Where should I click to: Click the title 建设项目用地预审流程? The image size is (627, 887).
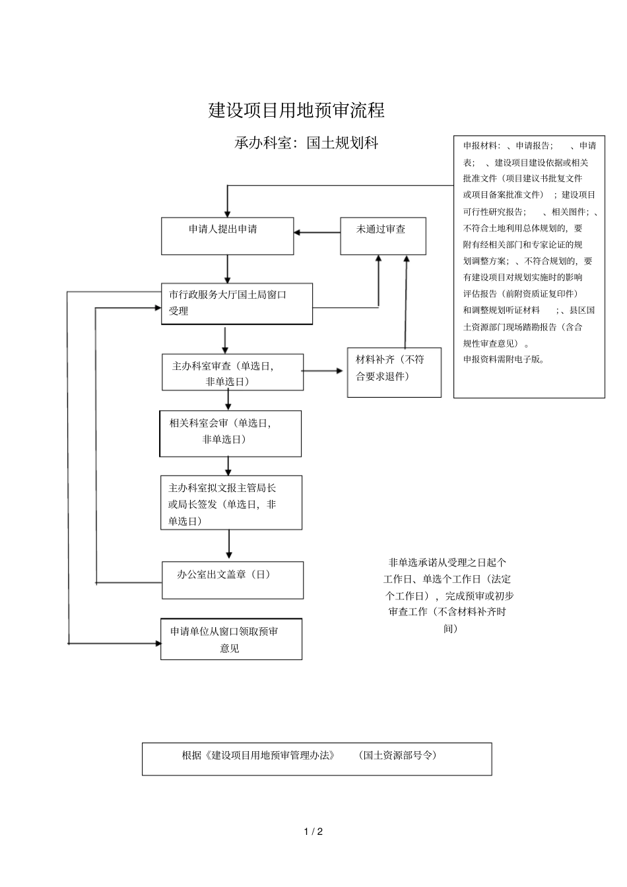click(x=296, y=111)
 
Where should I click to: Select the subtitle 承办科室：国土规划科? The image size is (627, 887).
click(x=306, y=143)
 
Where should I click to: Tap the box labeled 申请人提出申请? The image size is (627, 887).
click(x=227, y=235)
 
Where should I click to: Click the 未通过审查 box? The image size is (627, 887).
click(x=383, y=235)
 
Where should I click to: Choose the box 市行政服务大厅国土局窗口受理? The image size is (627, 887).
click(x=236, y=303)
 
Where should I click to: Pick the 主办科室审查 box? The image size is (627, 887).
click(x=232, y=372)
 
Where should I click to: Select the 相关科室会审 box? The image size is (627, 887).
click(x=230, y=433)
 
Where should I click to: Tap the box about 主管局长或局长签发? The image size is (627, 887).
click(x=231, y=503)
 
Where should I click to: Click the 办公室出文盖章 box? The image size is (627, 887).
click(x=232, y=580)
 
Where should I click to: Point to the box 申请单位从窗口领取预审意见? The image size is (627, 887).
click(x=231, y=638)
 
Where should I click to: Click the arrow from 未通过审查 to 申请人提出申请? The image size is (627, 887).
click(x=317, y=232)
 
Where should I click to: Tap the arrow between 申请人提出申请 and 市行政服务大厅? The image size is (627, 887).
click(x=228, y=269)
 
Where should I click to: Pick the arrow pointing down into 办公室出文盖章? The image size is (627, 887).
click(x=229, y=545)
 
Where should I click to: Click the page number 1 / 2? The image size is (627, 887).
click(x=313, y=832)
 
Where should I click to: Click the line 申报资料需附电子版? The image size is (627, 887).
click(x=504, y=360)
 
